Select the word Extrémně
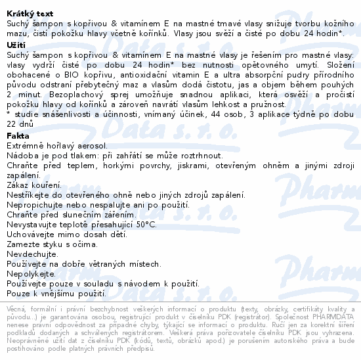(x=26, y=143)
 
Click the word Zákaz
(x=17, y=184)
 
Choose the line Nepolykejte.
(x=30, y=273)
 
